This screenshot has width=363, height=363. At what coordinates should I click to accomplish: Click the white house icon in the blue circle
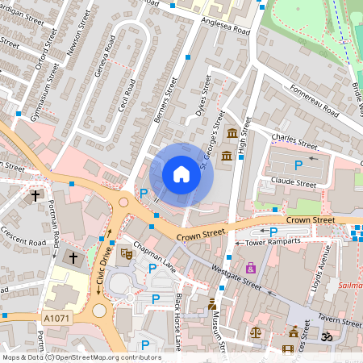pyautogui.click(x=181, y=174)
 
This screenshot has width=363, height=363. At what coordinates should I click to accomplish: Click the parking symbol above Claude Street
pyautogui.click(x=298, y=165)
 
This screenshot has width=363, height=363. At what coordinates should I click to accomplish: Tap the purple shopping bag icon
pyautogui.click(x=251, y=267)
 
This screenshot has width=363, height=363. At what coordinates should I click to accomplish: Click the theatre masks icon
pyautogui.click(x=125, y=253)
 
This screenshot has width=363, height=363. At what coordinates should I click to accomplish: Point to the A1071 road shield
pyautogui.click(x=57, y=319)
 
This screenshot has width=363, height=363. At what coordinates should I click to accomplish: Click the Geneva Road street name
pyautogui.click(x=105, y=57)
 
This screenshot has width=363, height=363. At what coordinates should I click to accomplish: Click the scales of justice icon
pyautogui.click(x=256, y=331)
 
